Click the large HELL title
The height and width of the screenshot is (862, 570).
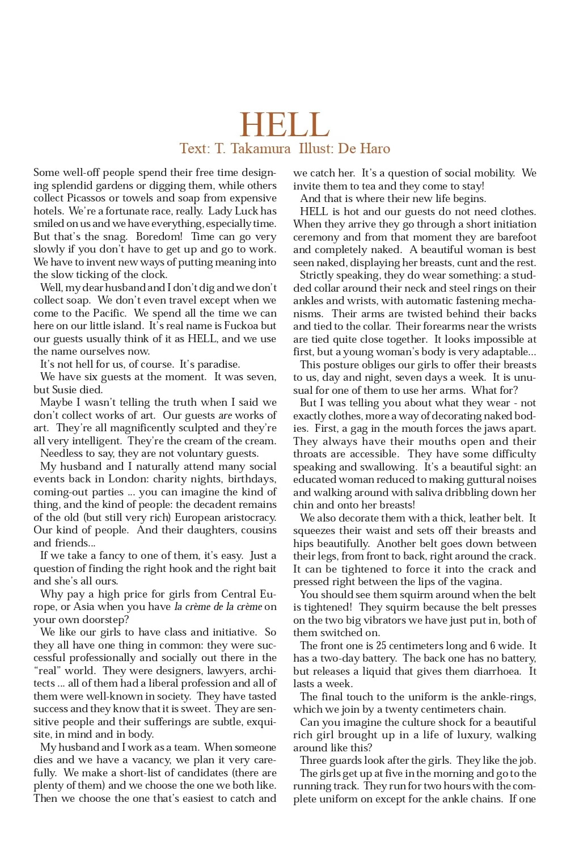(284, 125)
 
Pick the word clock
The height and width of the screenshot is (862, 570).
(153, 275)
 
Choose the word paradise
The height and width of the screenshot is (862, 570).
(218, 364)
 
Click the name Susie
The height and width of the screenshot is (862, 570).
(67, 390)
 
